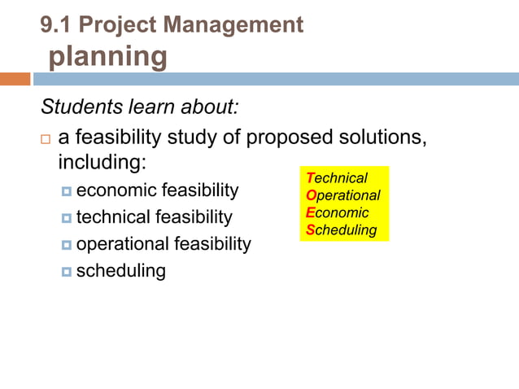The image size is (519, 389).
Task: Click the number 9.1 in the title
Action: pos(57,25)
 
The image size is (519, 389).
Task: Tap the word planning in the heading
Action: pos(108,57)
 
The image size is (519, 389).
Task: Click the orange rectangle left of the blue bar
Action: pos(15,79)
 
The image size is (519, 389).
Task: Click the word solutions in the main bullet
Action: pos(387,137)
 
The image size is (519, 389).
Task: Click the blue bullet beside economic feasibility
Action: pos(67,192)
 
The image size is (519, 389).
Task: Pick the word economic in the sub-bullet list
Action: pos(116,190)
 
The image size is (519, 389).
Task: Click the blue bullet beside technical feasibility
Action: pos(67,219)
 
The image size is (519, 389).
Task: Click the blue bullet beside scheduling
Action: pos(67,272)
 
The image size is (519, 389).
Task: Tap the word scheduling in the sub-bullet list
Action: pos(120,271)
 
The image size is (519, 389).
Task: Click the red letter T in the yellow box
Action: pos(310,178)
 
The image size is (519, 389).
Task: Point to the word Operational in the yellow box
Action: pos(342,195)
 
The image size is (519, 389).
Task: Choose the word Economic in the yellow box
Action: pos(338,212)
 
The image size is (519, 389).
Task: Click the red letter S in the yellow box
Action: pos(310,229)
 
